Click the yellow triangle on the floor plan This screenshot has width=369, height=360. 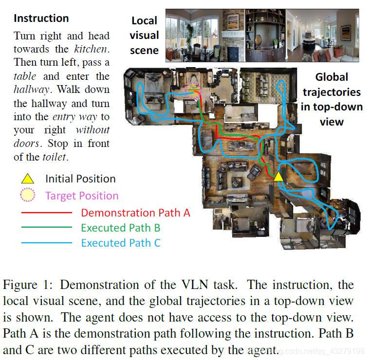coord(278,176)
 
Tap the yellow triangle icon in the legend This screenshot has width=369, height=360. coord(27,179)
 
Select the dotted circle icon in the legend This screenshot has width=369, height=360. coord(27,196)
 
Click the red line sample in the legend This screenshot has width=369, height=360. coord(46,213)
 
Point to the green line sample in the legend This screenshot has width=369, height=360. coord(46,228)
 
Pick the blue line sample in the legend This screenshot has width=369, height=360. coord(46,243)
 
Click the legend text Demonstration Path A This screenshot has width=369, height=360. coord(135,213)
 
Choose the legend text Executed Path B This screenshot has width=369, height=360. coord(120,228)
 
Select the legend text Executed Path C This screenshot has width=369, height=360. coord(120,243)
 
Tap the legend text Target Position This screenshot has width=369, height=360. coord(82,196)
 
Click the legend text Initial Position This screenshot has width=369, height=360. coord(80,179)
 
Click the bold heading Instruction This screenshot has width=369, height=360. coord(41,18)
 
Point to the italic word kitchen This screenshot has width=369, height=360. coord(91,49)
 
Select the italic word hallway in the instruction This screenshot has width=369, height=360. coord(31,90)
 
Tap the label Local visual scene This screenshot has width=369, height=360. coord(144,36)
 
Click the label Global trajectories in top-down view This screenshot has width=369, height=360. coord(332,99)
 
